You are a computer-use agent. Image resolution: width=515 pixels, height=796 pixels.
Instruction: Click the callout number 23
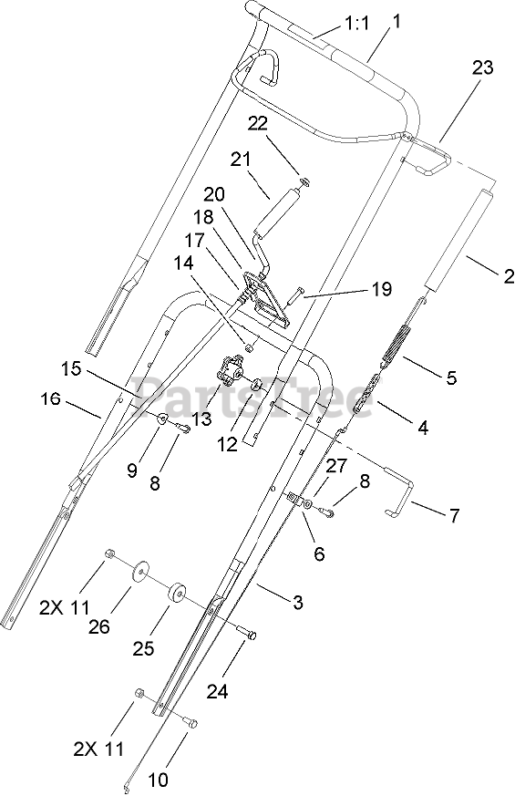[482, 68]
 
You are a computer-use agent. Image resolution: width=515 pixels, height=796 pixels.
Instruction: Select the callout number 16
[49, 399]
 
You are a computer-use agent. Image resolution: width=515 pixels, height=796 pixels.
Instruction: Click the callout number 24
[217, 690]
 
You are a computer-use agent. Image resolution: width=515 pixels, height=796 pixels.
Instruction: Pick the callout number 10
[159, 779]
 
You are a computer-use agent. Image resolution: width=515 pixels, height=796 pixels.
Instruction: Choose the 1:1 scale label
[357, 24]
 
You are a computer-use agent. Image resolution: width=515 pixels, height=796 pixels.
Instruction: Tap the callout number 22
[258, 124]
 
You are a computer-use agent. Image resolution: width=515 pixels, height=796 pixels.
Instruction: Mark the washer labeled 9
[162, 419]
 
